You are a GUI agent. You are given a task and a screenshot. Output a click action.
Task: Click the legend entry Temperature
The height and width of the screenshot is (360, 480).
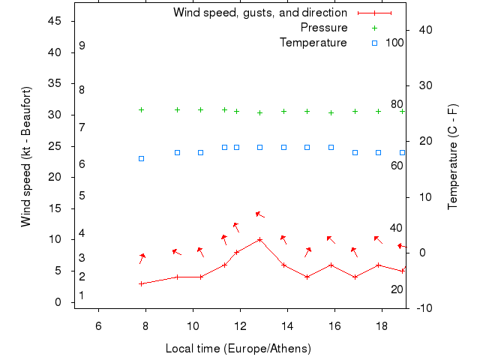coord(313,43)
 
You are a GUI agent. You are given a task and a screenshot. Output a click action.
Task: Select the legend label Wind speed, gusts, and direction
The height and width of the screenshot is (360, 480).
coord(259,13)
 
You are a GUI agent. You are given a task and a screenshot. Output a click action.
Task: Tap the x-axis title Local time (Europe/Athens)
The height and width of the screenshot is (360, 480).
coord(238,349)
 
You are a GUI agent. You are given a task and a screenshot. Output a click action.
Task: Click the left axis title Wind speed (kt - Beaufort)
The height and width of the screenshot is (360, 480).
coord(25,156)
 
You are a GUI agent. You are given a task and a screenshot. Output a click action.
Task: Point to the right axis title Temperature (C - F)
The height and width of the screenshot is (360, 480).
coord(453,156)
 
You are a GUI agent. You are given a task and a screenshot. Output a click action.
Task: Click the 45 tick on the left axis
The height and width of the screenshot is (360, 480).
coord(54,21)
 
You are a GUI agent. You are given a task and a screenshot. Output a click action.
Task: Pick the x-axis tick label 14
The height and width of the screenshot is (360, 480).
coord(287,325)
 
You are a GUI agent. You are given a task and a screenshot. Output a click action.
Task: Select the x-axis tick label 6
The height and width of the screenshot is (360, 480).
coord(98,325)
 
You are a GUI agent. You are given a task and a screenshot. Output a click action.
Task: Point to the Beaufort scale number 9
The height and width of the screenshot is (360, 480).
coord(82,46)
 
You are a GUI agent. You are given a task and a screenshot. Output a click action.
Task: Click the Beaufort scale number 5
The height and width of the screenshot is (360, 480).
coord(82,196)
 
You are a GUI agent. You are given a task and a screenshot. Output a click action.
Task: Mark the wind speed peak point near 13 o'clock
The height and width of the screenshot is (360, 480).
coord(259,239)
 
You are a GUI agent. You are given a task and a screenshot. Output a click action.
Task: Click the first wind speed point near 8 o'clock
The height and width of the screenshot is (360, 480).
coord(141,283)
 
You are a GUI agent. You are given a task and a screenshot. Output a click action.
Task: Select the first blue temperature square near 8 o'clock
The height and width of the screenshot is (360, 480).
coord(141,158)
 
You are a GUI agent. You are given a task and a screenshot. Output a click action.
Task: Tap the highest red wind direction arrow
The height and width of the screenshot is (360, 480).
coord(259,214)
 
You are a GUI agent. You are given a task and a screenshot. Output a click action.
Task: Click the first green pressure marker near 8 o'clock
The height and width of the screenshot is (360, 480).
coord(141,109)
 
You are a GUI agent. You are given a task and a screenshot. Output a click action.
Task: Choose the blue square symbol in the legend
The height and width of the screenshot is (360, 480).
coord(374,43)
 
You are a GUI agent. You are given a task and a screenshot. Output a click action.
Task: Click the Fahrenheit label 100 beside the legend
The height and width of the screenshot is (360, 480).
coord(394,43)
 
